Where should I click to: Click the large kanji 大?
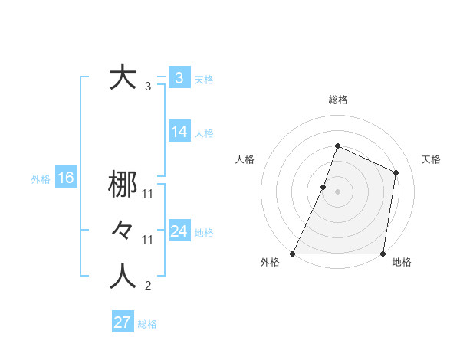tap(123, 78)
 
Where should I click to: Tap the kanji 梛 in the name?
tap(123, 185)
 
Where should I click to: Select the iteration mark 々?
tap(123, 230)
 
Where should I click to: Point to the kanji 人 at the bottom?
tap(123, 277)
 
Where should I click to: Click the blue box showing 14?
tap(179, 132)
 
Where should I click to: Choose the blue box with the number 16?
tap(65, 178)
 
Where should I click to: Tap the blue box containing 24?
tap(179, 231)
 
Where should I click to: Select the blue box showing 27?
tap(123, 322)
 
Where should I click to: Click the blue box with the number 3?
tap(179, 78)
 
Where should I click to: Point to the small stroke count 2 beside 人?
tap(148, 287)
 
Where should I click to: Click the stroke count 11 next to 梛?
tap(148, 194)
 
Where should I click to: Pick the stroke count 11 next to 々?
tap(148, 240)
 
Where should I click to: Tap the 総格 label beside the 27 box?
tap(147, 324)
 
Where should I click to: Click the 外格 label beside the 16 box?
tap(41, 179)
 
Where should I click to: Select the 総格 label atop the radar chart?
tap(337, 100)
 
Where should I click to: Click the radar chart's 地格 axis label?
tap(402, 263)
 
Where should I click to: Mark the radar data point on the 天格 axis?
tap(396, 172)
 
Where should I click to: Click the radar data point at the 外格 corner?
tap(293, 254)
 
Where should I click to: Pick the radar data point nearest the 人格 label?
tap(324, 187)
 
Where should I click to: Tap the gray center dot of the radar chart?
tap(337, 191)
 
